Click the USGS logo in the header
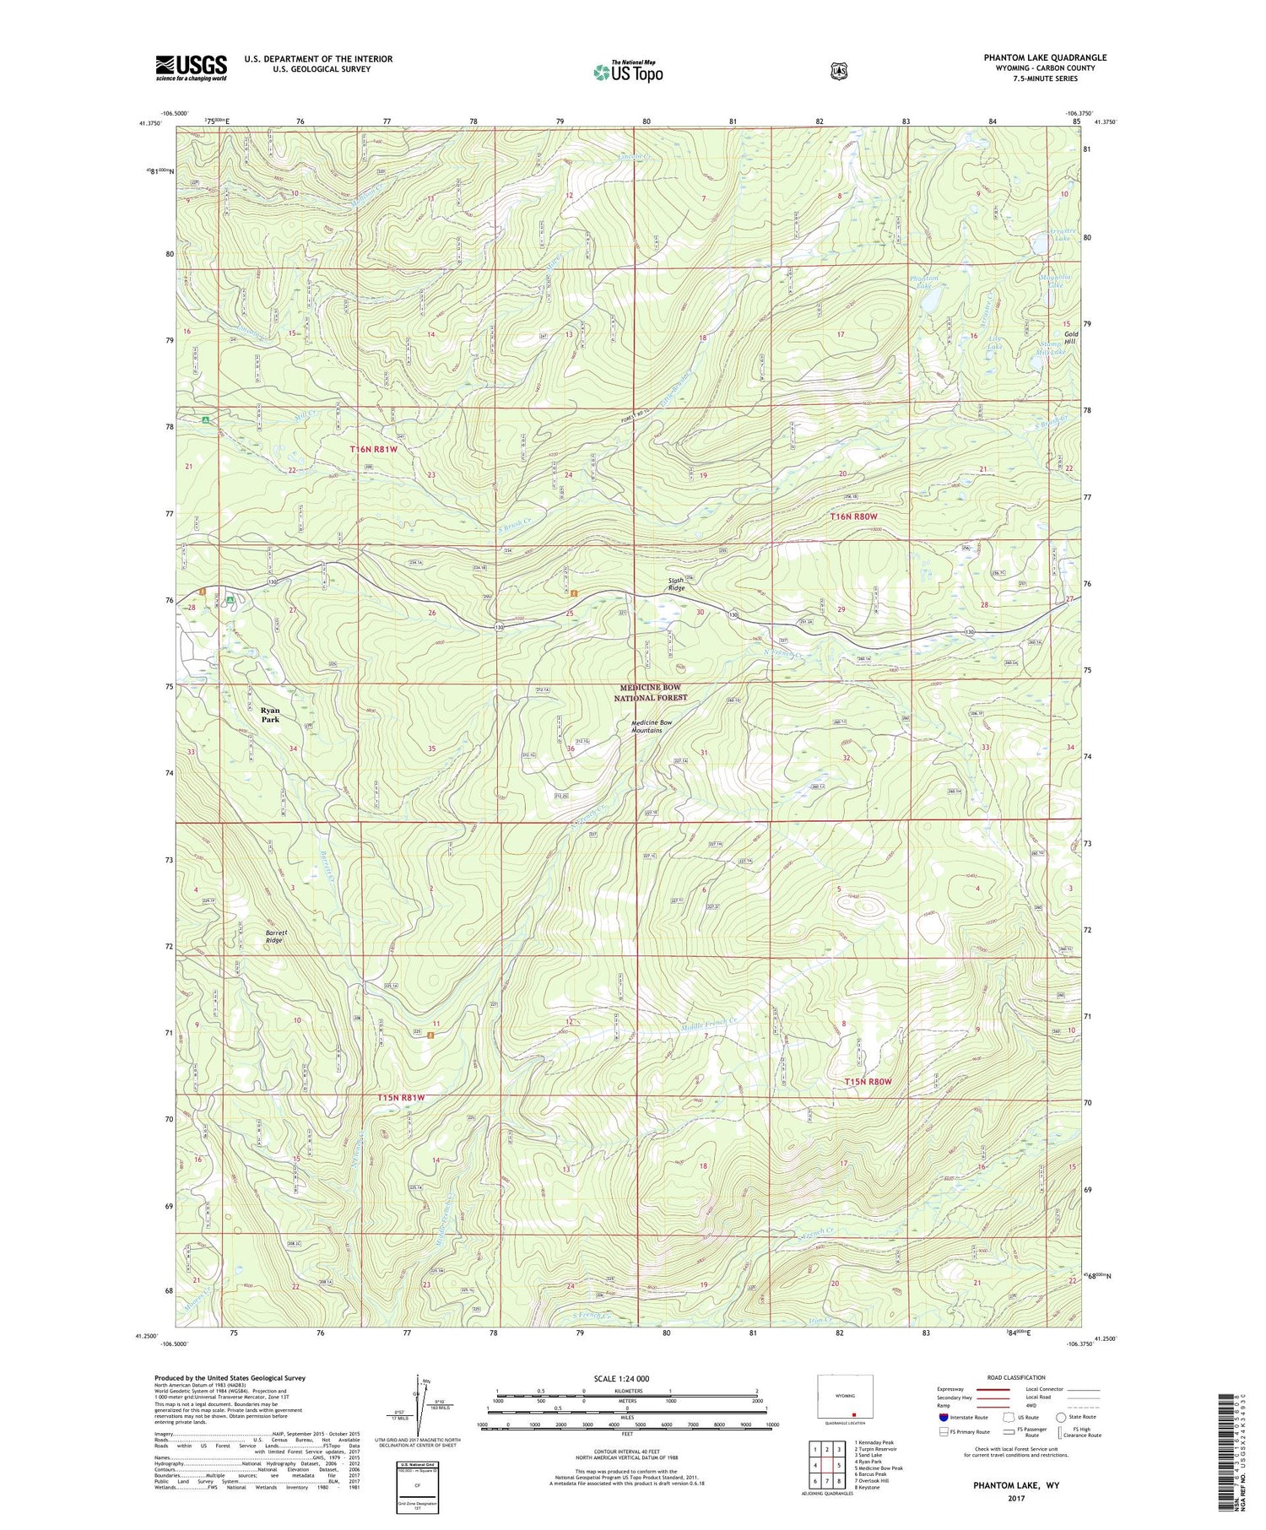[x=192, y=68]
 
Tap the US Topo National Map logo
[x=627, y=71]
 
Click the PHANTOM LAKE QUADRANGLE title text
[x=1044, y=57]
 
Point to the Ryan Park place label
[x=269, y=715]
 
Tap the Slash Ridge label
[x=677, y=584]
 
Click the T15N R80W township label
[x=868, y=1081]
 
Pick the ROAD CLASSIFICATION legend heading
[x=1010, y=1377]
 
